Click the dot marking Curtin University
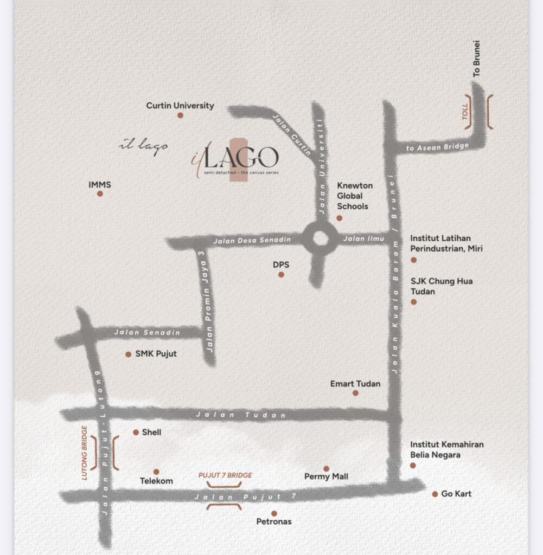[x=180, y=115]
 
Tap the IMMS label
[x=100, y=185]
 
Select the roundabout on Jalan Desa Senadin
[x=321, y=238]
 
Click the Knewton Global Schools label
[x=355, y=196]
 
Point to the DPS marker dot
[x=281, y=275]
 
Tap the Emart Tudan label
[x=355, y=384]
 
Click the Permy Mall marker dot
[x=326, y=469]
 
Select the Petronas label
[x=274, y=521]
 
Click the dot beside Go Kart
[x=435, y=494]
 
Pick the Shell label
[x=151, y=433]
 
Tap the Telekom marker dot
[x=156, y=472]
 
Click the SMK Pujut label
[x=156, y=354]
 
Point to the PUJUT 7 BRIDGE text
[x=225, y=475]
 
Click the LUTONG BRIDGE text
[x=85, y=453]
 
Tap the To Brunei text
[x=477, y=59]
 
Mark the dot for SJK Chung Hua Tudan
[x=413, y=302]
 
